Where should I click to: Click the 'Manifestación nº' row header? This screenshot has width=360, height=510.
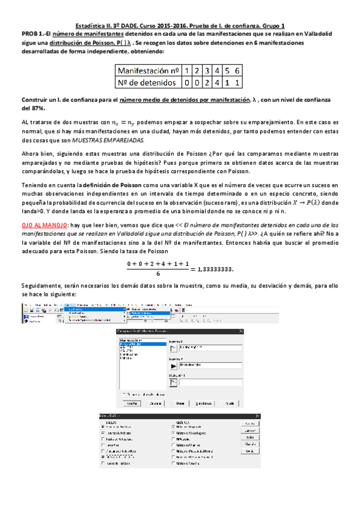tap(147, 70)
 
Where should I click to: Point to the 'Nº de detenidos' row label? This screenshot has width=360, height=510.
tap(147, 82)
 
